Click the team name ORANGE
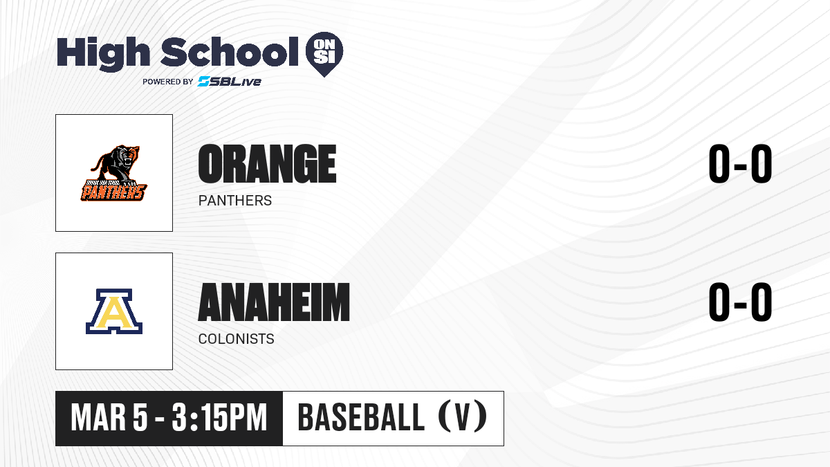267,163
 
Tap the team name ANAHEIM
274,302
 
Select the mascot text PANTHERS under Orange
235,201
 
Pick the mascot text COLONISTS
236,339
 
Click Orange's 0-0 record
740,163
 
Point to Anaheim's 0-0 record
740,302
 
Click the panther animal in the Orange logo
117,164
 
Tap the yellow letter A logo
114,311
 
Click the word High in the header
104,53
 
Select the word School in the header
230,51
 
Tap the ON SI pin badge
324,54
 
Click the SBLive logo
230,82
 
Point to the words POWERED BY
168,82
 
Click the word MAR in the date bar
98,418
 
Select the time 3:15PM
219,418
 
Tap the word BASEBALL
361,418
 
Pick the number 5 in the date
140,418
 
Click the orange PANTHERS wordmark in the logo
113,192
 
